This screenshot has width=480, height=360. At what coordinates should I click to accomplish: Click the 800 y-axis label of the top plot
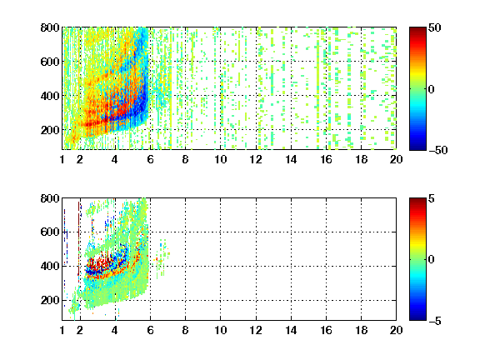50,27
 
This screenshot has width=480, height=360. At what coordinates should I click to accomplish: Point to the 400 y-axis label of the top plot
50,96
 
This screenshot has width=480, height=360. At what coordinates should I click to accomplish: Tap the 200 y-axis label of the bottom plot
50,300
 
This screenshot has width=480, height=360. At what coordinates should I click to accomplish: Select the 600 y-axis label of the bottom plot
50,232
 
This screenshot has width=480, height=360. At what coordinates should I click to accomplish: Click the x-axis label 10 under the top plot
220,159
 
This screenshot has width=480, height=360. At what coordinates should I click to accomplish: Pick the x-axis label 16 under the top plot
326,159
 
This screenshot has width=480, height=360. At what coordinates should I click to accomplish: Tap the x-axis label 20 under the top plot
396,159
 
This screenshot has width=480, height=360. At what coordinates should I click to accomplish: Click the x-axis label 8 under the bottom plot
185,330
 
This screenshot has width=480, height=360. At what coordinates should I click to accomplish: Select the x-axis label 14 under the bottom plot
291,330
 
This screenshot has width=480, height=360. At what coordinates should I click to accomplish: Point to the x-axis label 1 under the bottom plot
62,330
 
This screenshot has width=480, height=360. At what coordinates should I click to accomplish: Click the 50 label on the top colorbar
434,27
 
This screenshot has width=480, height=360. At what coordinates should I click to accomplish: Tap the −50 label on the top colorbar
437,150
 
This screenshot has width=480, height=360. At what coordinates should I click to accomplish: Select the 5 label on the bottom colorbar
432,198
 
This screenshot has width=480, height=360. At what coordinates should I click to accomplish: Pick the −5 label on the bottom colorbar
435,321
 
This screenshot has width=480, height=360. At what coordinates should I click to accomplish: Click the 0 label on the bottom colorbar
432,260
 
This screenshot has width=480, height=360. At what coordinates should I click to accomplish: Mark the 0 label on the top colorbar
432,89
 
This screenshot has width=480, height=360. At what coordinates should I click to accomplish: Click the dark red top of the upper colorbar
417,31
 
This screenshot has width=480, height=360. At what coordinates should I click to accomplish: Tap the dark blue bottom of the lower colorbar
417,317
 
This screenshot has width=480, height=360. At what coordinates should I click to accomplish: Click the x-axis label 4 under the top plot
115,159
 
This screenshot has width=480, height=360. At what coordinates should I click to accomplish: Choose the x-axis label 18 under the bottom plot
361,330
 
